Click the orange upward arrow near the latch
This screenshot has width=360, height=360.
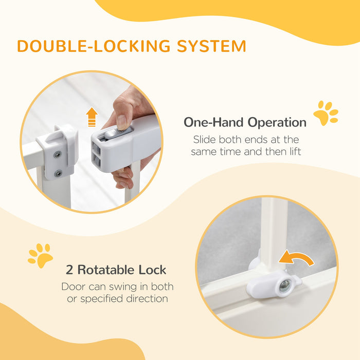click(92, 117)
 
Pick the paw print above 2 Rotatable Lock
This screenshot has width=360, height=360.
click(41, 255)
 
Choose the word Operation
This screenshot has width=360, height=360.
click(277, 123)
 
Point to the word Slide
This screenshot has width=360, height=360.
click(204, 139)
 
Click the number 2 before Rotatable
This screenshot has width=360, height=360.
click(69, 269)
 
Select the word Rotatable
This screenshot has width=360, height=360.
click(103, 269)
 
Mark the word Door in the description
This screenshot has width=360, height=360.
click(73, 286)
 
